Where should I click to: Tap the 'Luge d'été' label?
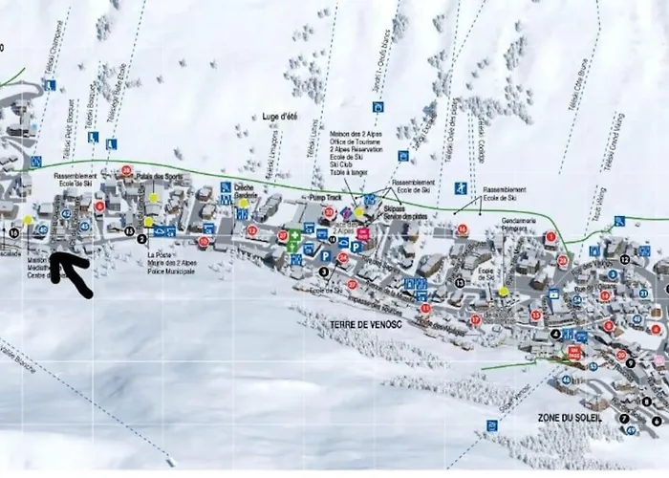(280, 117)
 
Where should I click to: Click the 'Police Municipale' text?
(172, 272)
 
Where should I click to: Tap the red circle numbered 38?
(126, 170)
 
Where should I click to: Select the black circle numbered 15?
(129, 230)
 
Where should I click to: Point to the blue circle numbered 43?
(41, 229)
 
